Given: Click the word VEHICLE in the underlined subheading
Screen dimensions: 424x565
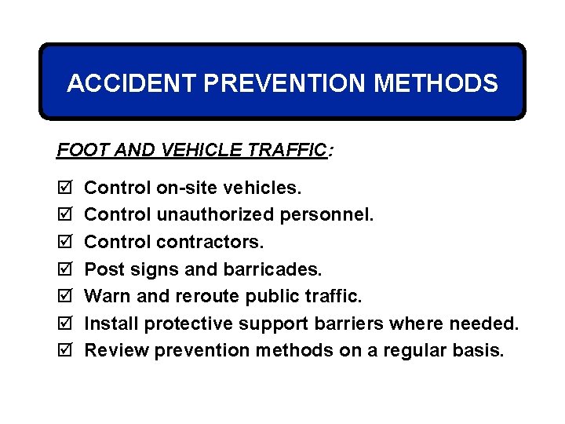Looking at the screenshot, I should pos(198,149).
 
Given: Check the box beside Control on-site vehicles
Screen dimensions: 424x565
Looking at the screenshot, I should pos(64,188).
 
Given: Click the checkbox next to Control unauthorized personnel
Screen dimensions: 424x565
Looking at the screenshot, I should pos(64,215).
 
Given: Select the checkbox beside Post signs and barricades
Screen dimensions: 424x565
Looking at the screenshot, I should pos(64,269).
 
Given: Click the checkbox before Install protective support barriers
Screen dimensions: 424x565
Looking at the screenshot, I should pos(64,323).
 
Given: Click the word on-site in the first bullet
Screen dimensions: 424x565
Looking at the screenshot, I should pos(188,188).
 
